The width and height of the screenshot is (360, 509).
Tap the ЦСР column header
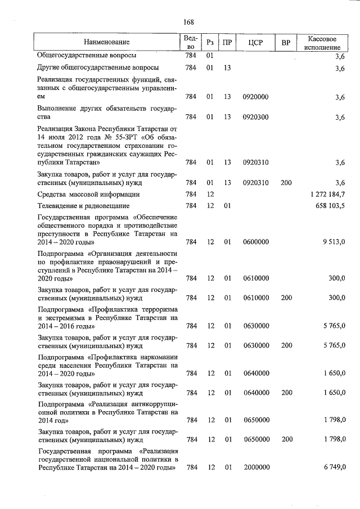255,43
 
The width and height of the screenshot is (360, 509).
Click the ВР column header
286,43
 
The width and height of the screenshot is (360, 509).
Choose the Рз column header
209,43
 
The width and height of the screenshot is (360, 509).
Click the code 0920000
255,97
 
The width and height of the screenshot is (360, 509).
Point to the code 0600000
255,242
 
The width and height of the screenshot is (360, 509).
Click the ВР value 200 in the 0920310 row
286,182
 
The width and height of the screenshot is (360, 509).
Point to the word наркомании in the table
159,357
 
